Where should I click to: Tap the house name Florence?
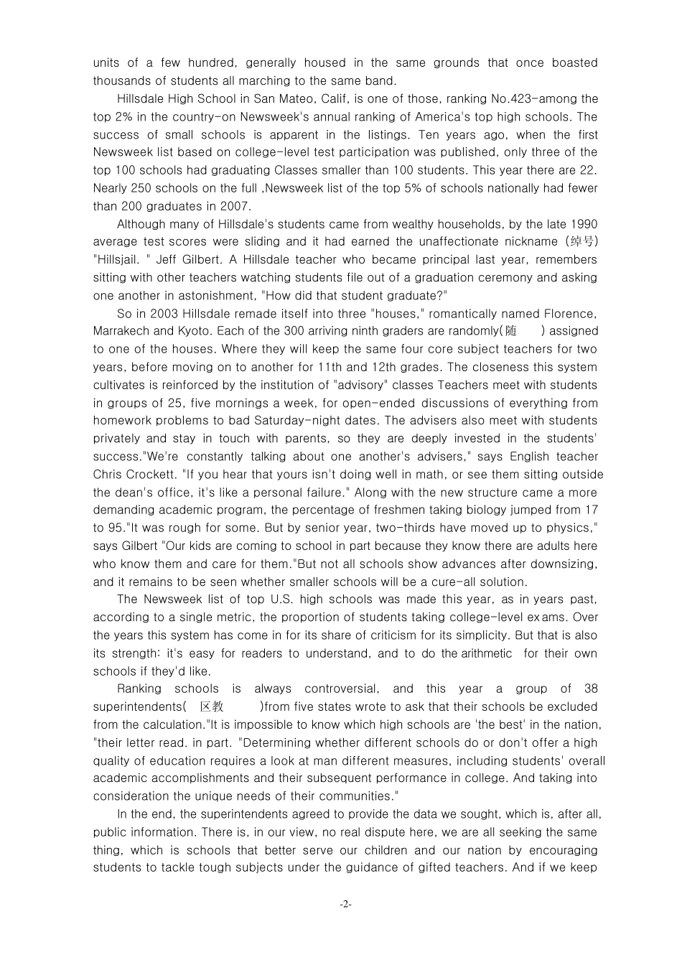569,314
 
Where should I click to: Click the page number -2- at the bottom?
345,905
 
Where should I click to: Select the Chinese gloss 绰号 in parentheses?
581,242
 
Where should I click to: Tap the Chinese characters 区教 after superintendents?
212,707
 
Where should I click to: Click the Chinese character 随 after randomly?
511,332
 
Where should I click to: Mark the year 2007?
237,206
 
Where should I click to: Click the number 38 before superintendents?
591,689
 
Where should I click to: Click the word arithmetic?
486,653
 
